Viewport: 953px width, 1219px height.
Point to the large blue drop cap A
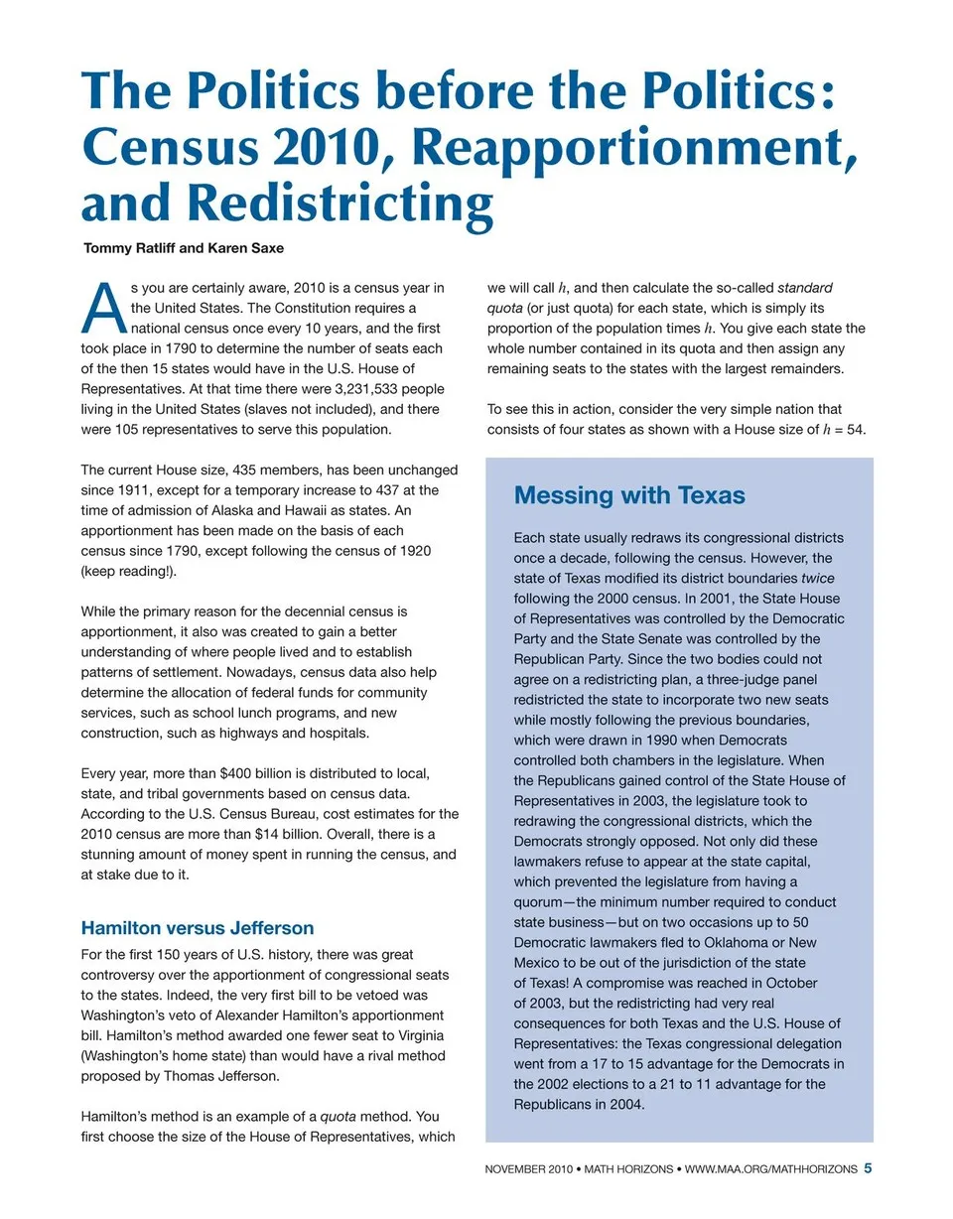coord(103,309)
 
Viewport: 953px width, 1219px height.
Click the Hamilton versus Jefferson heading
coord(197,929)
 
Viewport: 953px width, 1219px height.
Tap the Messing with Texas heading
coord(629,495)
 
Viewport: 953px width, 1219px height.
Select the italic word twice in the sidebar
coord(818,578)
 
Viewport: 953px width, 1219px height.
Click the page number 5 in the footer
coord(868,1168)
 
